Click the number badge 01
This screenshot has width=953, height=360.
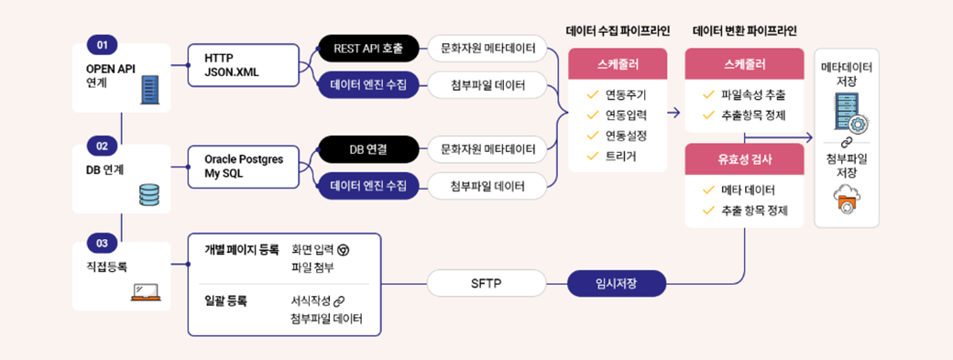coord(101,45)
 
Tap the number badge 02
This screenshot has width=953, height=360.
coord(101,145)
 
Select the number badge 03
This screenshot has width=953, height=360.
coord(101,243)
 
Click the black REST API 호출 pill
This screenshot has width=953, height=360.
coord(368,47)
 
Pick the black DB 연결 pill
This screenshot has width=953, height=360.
coord(368,147)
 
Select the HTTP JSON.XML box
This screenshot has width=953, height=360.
coord(243,65)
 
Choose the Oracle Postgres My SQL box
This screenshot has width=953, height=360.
coord(243,166)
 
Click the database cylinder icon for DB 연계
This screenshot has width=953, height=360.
coord(148,194)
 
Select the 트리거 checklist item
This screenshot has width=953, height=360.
coord(620,156)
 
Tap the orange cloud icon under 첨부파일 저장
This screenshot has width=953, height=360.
coord(848,200)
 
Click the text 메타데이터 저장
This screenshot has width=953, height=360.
coord(848,74)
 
